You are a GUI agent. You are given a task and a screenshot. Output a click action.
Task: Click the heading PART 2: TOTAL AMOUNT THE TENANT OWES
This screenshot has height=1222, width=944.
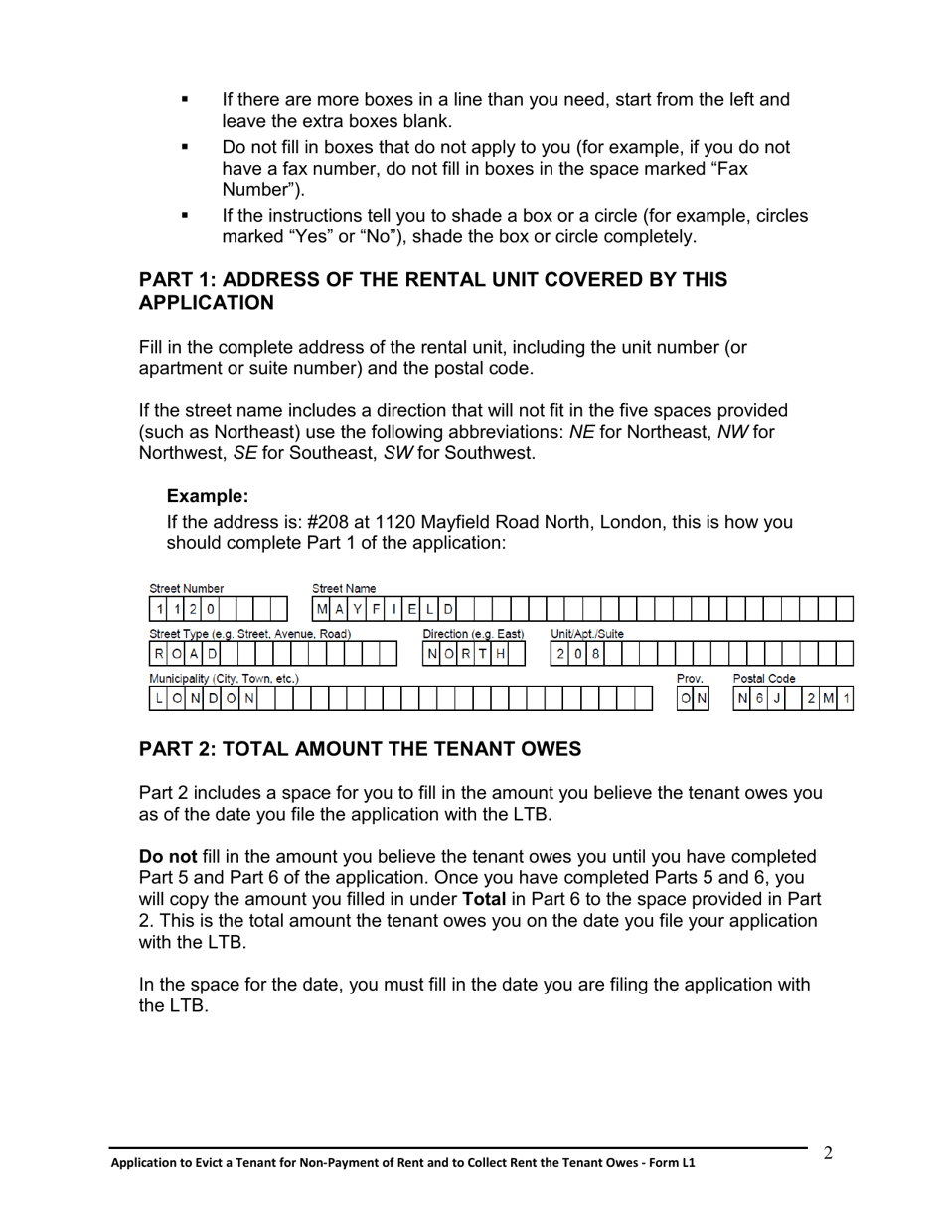click(360, 749)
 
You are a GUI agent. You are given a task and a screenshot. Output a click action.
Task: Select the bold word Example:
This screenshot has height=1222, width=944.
click(207, 496)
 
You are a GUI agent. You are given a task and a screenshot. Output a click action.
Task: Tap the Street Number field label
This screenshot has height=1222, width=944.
click(187, 589)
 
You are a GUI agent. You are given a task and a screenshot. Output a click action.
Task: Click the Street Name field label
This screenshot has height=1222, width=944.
click(344, 589)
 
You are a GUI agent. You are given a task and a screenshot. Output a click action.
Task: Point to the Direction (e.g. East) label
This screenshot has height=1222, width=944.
click(473, 634)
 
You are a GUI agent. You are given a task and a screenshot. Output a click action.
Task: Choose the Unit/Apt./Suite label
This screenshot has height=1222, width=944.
click(587, 634)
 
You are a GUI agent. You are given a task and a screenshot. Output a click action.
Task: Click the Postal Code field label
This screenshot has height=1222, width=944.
click(763, 679)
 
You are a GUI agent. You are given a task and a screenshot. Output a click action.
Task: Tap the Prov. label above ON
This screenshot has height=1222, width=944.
click(690, 679)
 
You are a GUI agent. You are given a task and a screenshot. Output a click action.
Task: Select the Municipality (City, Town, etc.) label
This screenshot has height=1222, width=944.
click(224, 679)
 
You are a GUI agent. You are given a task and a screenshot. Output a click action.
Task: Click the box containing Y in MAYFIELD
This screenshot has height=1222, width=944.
click(358, 609)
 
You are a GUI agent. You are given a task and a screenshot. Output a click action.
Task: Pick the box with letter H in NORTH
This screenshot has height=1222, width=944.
click(501, 654)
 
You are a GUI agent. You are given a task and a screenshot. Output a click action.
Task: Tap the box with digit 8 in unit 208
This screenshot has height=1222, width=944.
click(595, 654)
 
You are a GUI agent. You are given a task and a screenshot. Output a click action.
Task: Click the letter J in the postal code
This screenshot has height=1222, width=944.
click(777, 699)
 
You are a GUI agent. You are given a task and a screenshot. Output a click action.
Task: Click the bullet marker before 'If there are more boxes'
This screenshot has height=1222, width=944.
click(184, 100)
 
